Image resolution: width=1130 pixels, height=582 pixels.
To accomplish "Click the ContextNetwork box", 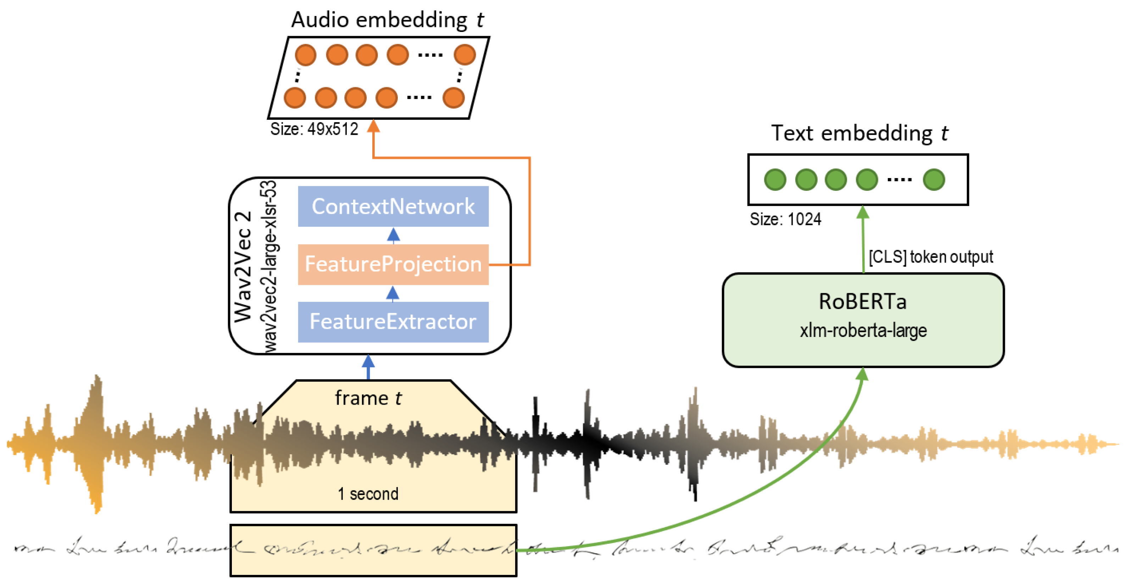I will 393,206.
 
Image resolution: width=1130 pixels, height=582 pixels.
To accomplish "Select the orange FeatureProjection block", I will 393,264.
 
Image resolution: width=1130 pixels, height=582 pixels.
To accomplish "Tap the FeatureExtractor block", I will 393,322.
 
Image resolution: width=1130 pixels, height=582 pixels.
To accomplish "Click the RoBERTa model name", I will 862,302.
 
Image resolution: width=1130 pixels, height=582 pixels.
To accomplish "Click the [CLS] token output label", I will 930,257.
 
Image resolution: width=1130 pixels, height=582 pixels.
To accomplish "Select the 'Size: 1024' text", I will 785,219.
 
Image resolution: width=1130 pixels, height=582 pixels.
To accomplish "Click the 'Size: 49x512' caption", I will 314,129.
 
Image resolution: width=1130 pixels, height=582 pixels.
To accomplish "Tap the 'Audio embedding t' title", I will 387,20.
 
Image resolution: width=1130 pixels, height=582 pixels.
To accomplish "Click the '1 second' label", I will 368,494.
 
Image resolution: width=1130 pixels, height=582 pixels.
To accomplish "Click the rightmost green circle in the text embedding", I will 934,179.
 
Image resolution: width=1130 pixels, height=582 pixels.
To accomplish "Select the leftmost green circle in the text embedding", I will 775,179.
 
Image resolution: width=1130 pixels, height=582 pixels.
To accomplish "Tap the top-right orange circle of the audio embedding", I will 464,55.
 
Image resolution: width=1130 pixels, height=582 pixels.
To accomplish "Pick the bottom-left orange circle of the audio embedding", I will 295,98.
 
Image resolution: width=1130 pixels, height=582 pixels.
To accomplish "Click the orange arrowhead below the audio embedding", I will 373,126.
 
